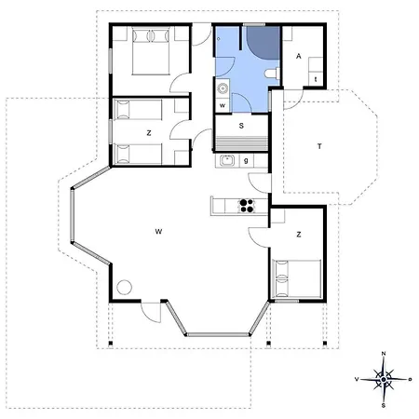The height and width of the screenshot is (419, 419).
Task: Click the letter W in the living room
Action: point(158,232)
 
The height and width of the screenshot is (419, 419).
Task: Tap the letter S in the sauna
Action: point(241,126)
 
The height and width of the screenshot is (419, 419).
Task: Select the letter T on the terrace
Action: point(319,146)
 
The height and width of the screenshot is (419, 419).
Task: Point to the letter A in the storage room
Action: point(299,56)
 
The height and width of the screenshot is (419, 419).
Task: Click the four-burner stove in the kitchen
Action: point(247,206)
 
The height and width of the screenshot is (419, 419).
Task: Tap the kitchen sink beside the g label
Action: point(227,160)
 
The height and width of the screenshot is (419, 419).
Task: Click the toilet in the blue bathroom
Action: point(273,74)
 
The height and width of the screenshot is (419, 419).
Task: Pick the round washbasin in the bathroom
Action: point(223,88)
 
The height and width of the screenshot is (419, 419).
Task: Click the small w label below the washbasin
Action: point(223,105)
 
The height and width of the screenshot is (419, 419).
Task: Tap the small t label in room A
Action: point(316,79)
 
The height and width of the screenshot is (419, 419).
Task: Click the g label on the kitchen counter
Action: point(246,161)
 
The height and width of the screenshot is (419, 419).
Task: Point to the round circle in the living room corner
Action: point(125,288)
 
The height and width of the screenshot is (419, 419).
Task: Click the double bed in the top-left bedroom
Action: point(151,51)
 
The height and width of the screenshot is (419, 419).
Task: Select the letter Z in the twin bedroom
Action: point(149,133)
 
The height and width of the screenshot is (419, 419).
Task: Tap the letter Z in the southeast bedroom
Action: point(299,235)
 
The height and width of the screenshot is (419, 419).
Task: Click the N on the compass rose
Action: point(384,354)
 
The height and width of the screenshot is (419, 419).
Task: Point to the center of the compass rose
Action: point(384,379)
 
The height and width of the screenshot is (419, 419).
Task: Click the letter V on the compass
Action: point(357,379)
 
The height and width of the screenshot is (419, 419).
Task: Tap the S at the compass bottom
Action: point(384,405)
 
